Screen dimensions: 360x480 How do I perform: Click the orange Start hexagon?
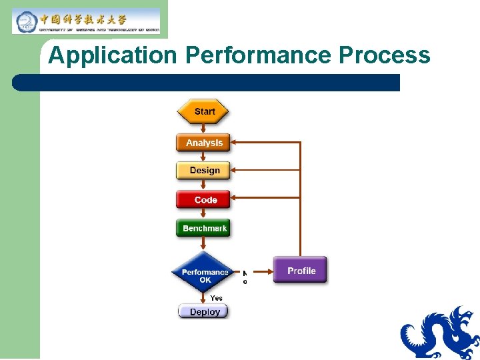[x=203, y=111]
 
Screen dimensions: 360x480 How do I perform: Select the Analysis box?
[x=203, y=143]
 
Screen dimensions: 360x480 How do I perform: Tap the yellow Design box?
[x=203, y=171]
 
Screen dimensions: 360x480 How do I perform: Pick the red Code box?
[x=203, y=200]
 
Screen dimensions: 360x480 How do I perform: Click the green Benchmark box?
[x=203, y=228]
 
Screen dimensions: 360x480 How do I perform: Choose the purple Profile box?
[x=301, y=270]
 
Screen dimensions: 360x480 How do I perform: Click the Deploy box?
[x=204, y=311]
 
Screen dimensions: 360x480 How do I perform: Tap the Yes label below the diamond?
[x=217, y=298]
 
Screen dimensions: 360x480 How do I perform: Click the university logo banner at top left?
[x=87, y=21]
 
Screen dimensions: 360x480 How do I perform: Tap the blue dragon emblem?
[x=441, y=333]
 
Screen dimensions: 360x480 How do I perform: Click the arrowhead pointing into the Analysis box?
[x=235, y=142]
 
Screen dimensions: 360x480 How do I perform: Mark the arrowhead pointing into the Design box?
[x=235, y=170]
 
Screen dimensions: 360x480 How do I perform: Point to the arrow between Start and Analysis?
[x=203, y=129]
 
